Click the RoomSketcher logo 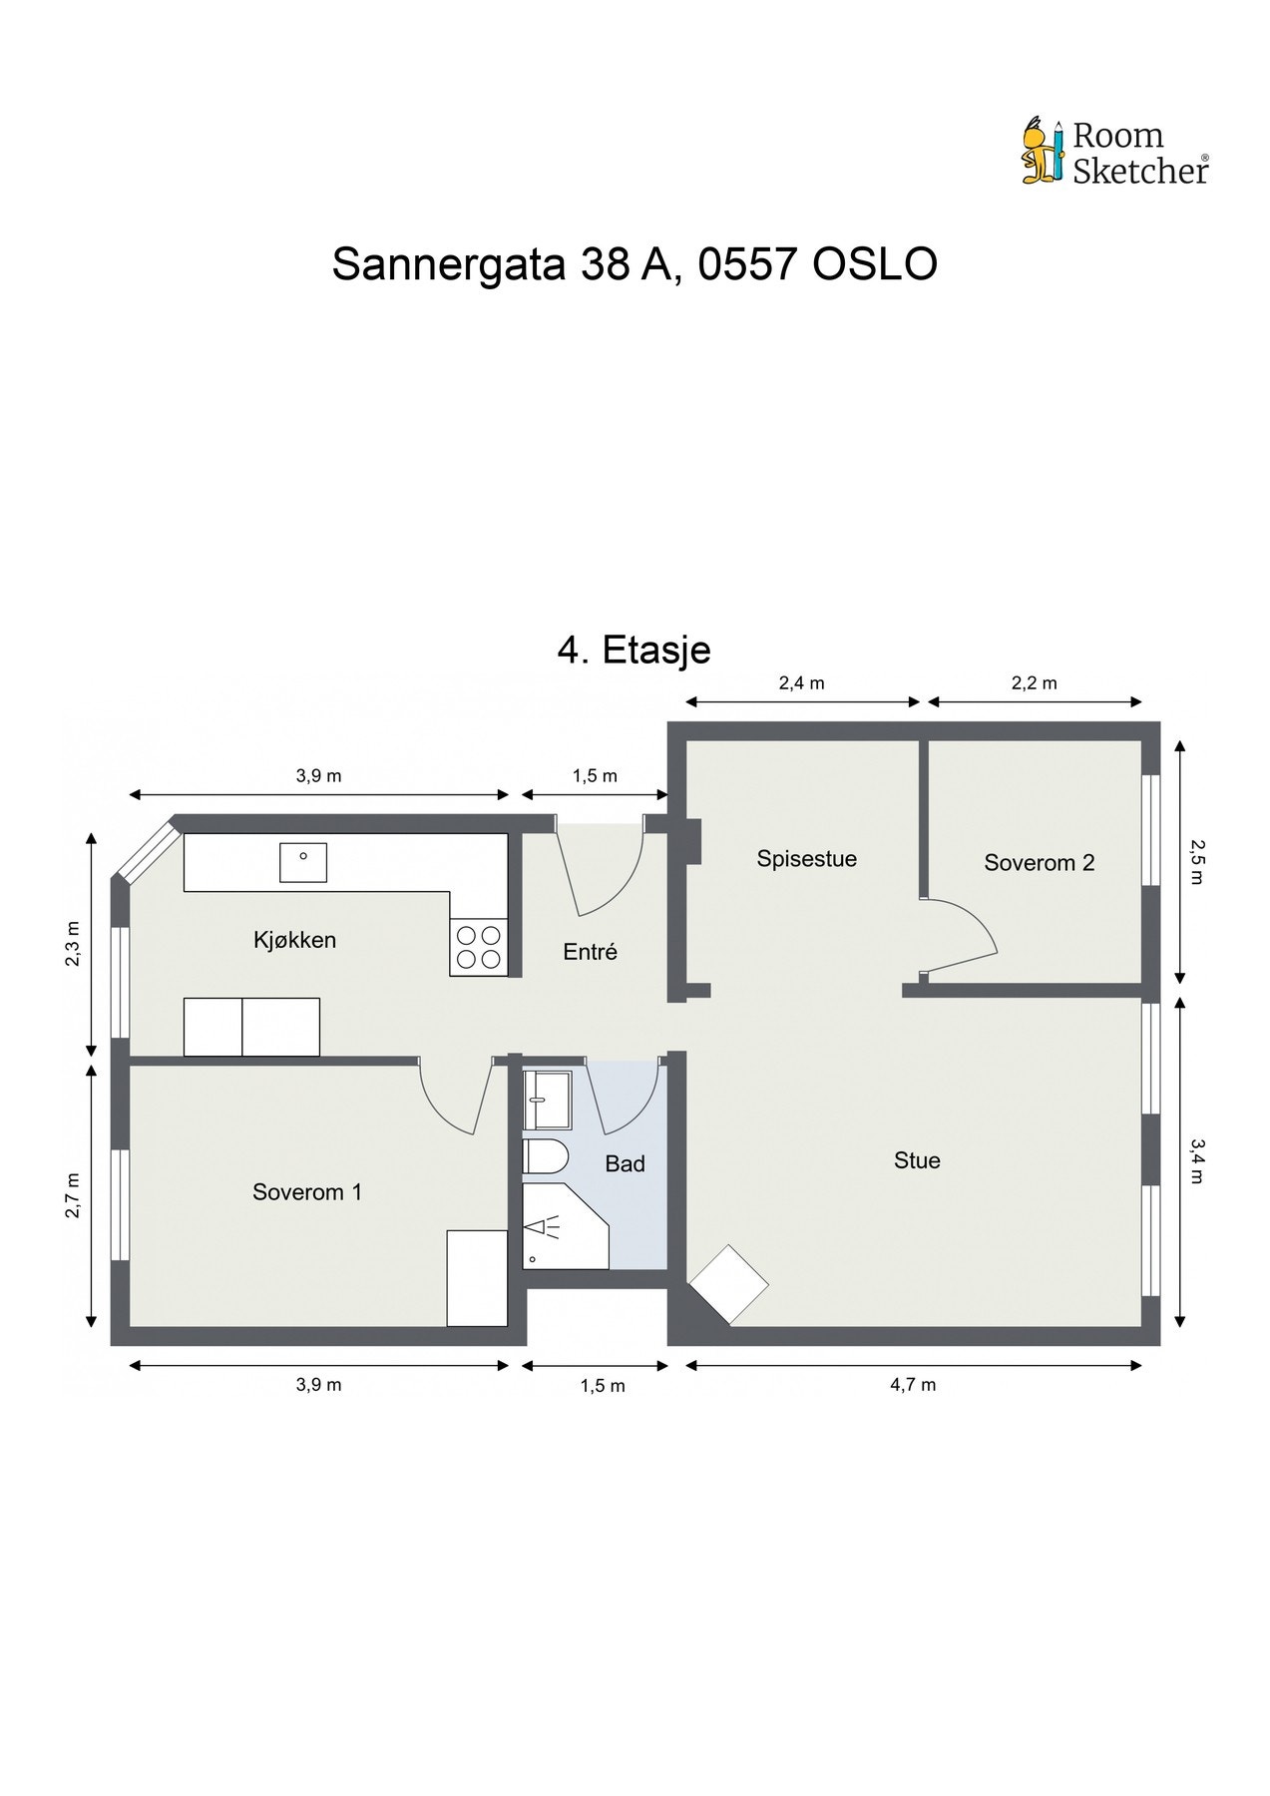tap(1114, 153)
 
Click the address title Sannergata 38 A tap(635, 264)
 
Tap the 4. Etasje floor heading tap(634, 650)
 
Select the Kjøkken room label tap(294, 940)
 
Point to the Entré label tap(591, 952)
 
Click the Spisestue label tap(806, 859)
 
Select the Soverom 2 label tap(1039, 863)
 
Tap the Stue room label tap(917, 1160)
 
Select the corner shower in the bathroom tap(561, 1227)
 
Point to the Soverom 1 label tap(307, 1191)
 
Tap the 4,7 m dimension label tap(913, 1384)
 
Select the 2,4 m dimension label tap(801, 683)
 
